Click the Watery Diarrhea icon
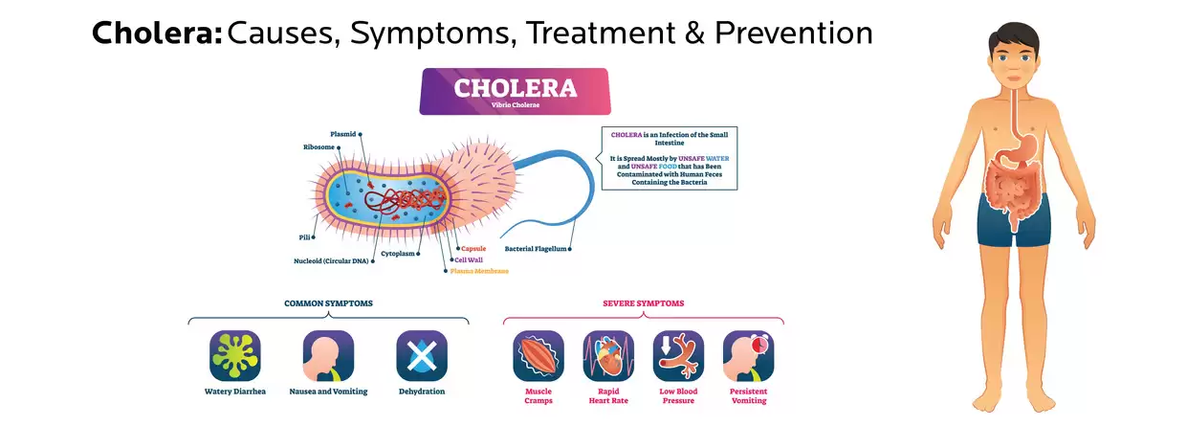coord(235,356)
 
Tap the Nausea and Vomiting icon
coord(328,356)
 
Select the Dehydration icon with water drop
coord(422,356)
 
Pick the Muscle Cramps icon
coord(539,356)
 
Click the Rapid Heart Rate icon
coord(608,356)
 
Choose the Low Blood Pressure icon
coord(678,356)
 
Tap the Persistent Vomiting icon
coord(748,356)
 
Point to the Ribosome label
coord(319,147)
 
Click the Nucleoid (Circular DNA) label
coord(327,260)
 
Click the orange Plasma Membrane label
coord(480,271)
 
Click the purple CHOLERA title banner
coord(515,91)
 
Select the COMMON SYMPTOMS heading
coord(328,303)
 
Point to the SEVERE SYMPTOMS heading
coord(643,303)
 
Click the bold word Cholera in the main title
coord(157,34)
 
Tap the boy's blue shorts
coord(1013,220)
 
